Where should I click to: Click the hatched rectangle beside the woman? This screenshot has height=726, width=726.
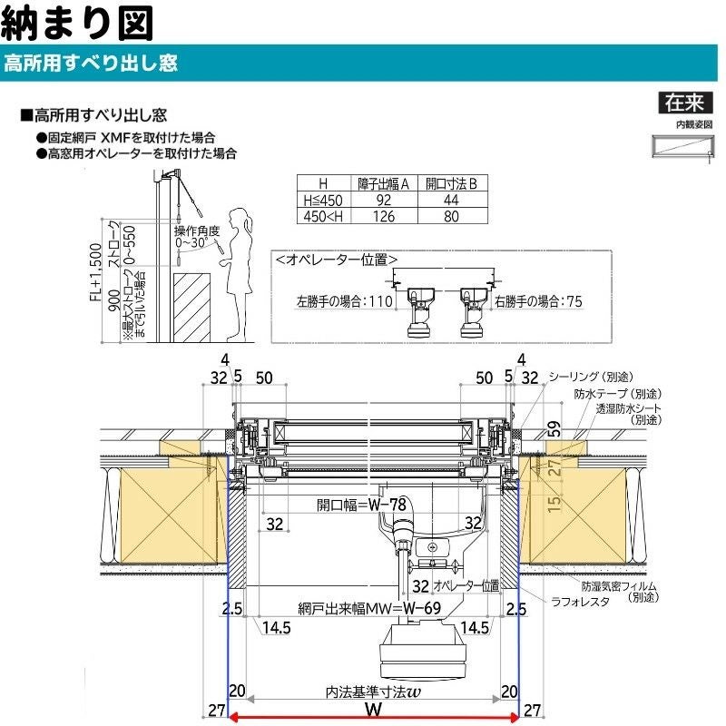tap(192, 305)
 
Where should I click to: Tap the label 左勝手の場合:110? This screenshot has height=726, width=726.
tap(344, 300)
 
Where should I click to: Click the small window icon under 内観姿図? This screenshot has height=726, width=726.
tap(682, 146)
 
